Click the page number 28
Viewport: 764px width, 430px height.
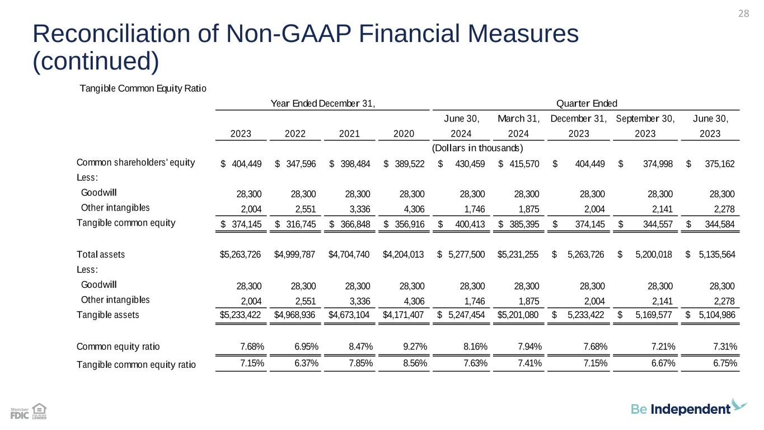pos(743,13)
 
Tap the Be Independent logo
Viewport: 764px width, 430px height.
pos(688,408)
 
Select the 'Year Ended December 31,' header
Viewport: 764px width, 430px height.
pos(322,103)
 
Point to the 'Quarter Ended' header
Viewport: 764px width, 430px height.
pos(587,103)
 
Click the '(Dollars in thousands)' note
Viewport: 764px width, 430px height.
pos(477,148)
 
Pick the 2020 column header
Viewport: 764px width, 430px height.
pos(404,134)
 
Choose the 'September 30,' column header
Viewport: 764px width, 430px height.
pos(645,118)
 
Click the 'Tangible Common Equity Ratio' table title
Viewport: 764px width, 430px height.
pos(143,88)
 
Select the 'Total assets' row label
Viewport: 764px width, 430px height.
pos(101,255)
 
